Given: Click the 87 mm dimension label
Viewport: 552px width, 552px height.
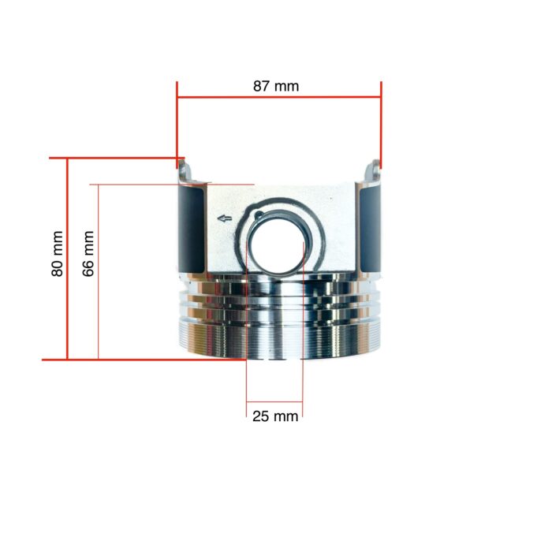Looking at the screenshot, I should pyautogui.click(x=276, y=86).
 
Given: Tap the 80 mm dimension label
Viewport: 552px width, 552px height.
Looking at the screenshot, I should pyautogui.click(x=58, y=253).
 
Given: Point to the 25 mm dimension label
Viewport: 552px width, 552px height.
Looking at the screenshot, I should pyautogui.click(x=275, y=416).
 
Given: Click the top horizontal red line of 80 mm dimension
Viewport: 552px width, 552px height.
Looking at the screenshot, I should pyautogui.click(x=118, y=158).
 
